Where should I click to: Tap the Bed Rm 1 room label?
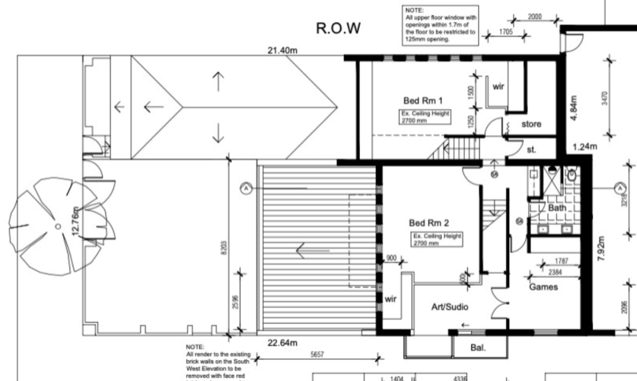point(424,100)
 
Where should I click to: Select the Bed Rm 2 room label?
point(429,223)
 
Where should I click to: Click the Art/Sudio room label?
point(451,307)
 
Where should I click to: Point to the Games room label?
point(543,287)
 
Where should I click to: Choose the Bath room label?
point(557,209)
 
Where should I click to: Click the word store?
point(531,124)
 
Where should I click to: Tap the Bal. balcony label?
point(477,348)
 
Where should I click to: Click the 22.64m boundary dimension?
point(282,343)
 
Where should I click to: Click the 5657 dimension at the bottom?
point(319,355)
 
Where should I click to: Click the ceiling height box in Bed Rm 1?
point(426,116)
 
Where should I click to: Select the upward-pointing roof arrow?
point(218,81)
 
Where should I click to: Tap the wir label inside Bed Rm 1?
point(498,86)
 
